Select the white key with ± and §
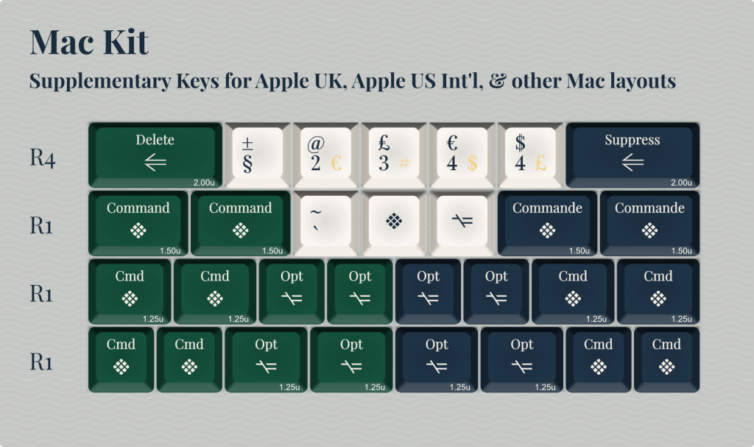(257, 153)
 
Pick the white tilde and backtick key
(325, 222)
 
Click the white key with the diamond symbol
(393, 222)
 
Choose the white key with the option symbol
(461, 222)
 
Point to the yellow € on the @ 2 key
(337, 163)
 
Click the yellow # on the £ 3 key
(404, 163)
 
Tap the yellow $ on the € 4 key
(472, 163)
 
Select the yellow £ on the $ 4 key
(540, 163)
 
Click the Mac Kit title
(89, 42)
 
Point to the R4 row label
(43, 158)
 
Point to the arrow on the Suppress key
(632, 163)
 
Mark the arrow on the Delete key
(155, 163)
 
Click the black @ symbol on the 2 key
(315, 144)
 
